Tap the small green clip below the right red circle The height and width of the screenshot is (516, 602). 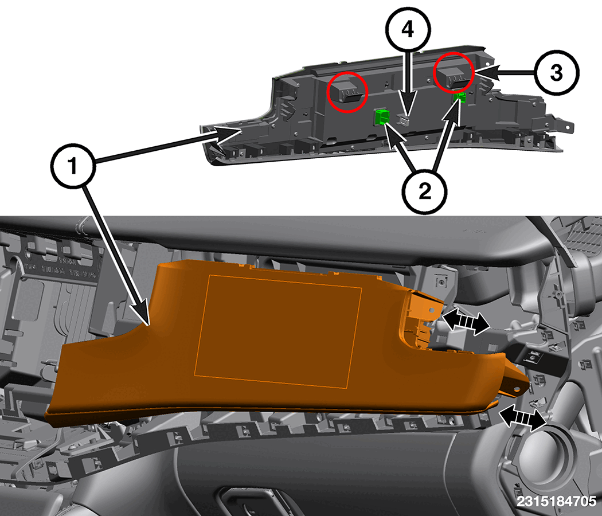(460, 97)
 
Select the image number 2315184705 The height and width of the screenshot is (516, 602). (556, 501)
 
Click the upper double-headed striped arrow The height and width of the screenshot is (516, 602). (466, 322)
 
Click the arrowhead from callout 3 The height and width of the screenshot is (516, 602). (486, 73)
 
